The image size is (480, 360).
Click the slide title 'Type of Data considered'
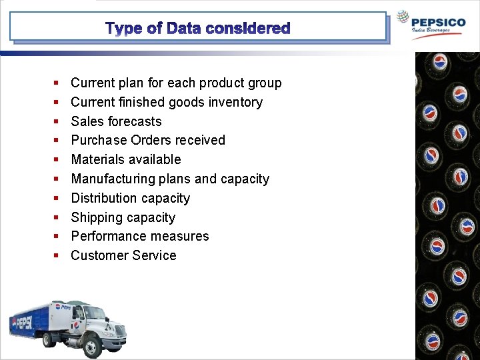[198, 29]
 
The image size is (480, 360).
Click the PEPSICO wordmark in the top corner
[439, 22]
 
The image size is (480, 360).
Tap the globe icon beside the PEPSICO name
[403, 18]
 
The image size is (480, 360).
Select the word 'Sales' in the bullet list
[87, 121]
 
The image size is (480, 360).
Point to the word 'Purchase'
[99, 140]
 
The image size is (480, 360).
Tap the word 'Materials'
[97, 159]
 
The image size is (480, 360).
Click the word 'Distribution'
[103, 198]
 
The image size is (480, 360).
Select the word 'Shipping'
[95, 217]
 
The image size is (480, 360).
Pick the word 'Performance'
[107, 236]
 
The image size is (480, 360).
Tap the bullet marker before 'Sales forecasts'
[56, 121]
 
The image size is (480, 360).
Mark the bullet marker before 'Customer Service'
[56, 255]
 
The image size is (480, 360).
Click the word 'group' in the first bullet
[264, 83]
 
